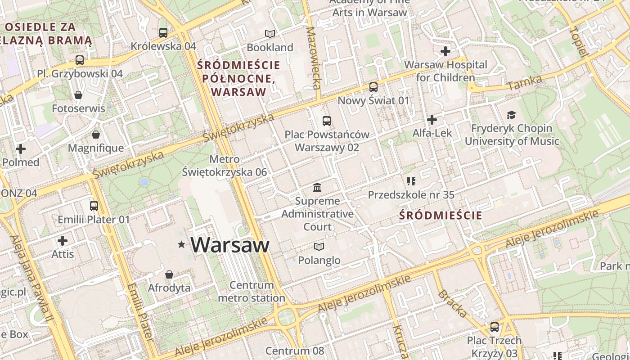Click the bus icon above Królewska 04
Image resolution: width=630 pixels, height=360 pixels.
pyautogui.click(x=163, y=32)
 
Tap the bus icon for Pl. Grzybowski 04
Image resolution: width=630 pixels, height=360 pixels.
pyautogui.click(x=80, y=60)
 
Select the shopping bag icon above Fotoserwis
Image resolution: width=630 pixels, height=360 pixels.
pyautogui.click(x=78, y=95)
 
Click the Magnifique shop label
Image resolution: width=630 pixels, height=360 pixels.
pyautogui.click(x=95, y=148)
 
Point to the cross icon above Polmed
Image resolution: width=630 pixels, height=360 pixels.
pyautogui.click(x=21, y=148)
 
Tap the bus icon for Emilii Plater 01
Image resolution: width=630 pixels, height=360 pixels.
pyautogui.click(x=94, y=206)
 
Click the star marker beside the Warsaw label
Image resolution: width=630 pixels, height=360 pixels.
pyautogui.click(x=181, y=244)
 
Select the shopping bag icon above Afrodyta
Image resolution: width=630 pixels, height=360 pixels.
pyautogui.click(x=169, y=274)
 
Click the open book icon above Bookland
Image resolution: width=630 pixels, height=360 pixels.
pyautogui.click(x=270, y=34)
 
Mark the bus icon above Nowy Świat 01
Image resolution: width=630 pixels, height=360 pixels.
pyautogui.click(x=373, y=87)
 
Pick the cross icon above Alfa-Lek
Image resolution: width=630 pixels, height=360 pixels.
pyautogui.click(x=432, y=120)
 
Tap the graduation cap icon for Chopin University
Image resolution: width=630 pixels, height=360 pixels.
pyautogui.click(x=511, y=115)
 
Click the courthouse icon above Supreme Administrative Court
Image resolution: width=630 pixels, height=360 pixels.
pyautogui.click(x=317, y=187)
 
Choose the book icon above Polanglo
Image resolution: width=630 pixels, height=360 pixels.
pyautogui.click(x=319, y=247)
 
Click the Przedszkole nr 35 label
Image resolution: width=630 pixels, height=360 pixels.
pyautogui.click(x=411, y=195)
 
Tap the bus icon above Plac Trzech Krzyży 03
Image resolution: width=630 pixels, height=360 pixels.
pyautogui.click(x=495, y=327)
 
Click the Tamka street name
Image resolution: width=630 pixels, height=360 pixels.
pyautogui.click(x=524, y=82)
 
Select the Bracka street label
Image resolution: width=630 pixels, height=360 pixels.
pyautogui.click(x=452, y=304)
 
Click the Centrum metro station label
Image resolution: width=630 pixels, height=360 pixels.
pyautogui.click(x=252, y=291)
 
